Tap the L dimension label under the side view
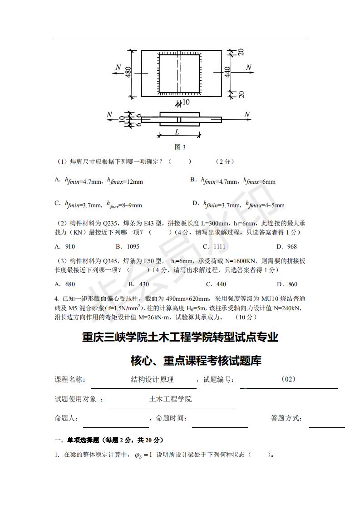[178, 132]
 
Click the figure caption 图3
[180, 147]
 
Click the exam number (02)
[289, 379]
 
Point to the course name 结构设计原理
[152, 379]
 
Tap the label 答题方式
[286, 418]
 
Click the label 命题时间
[171, 418]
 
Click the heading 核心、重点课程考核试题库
[196, 361]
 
